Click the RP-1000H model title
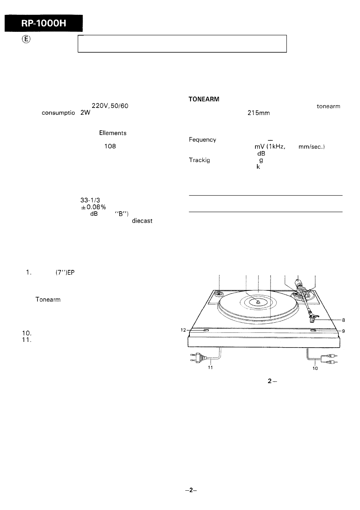coord(44,23)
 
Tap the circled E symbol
coord(26,39)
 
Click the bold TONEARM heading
coord(204,99)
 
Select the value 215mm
coord(258,113)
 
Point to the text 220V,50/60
coord(110,106)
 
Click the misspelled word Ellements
coord(113,133)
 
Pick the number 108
coord(110,146)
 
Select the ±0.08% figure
coord(94,207)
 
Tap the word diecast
coord(142,221)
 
